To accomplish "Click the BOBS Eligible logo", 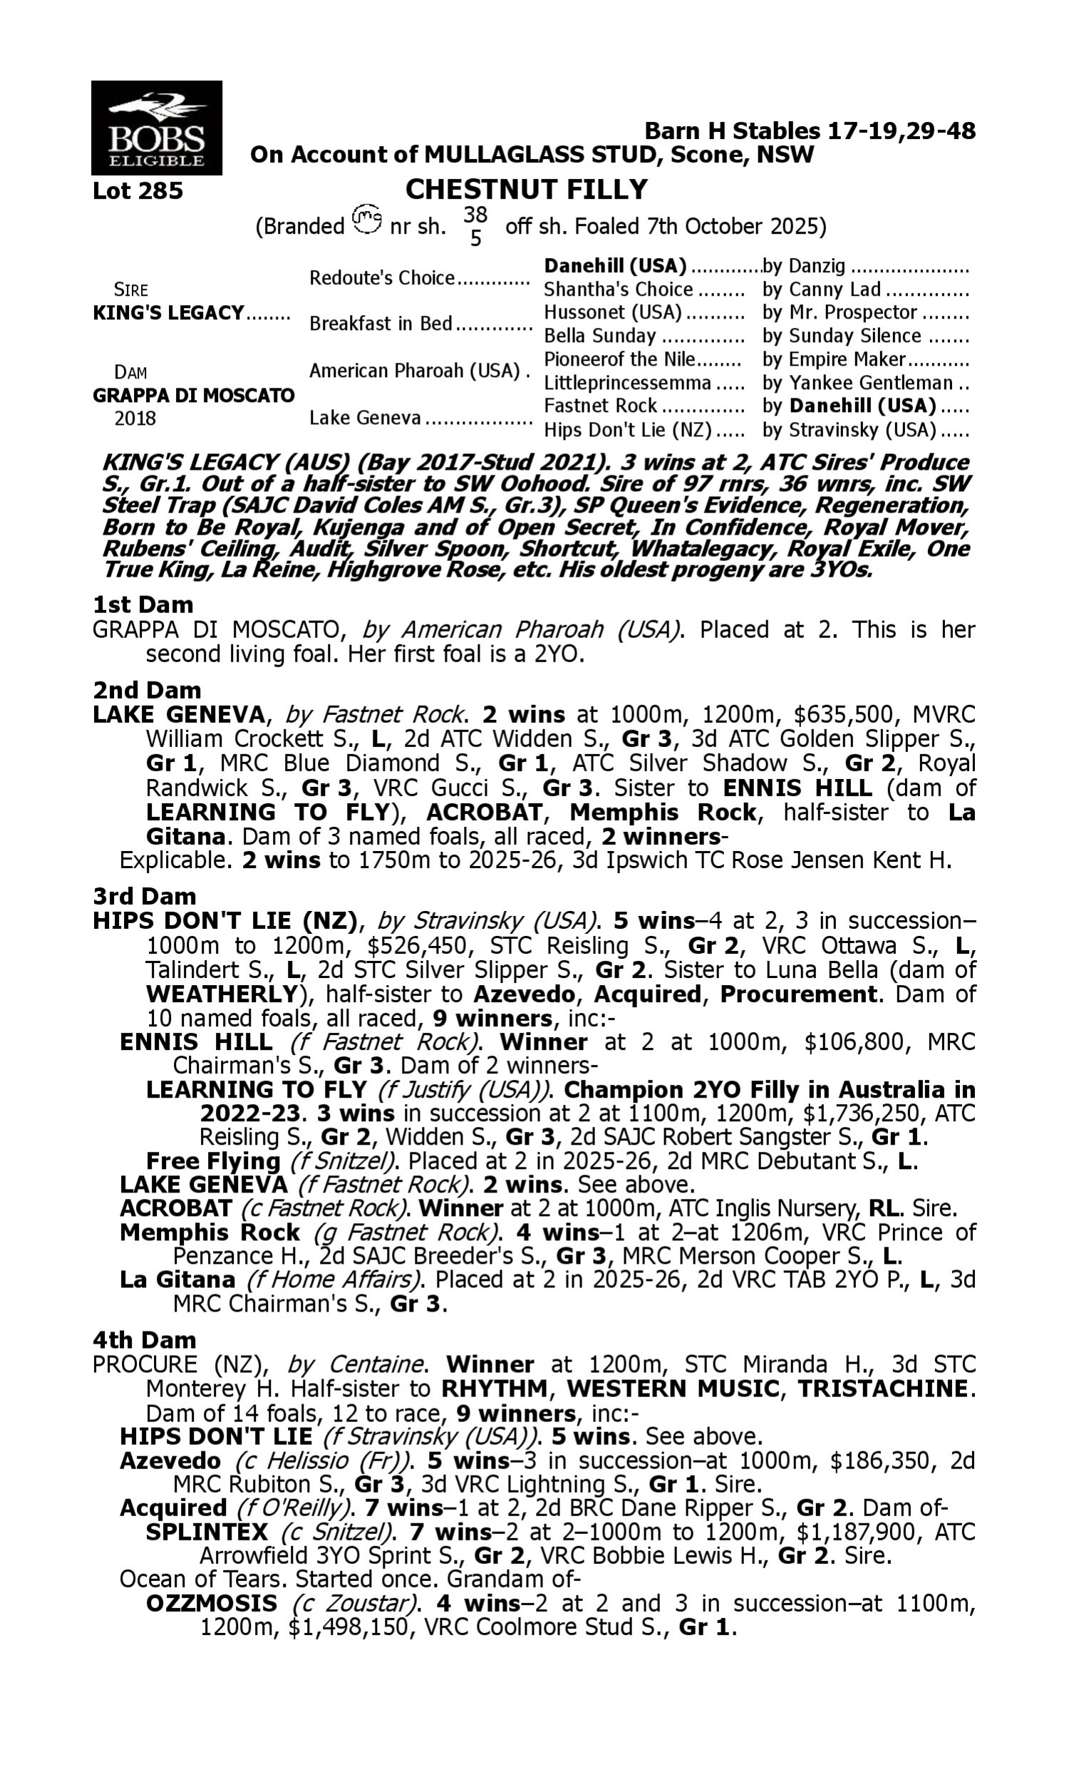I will [x=156, y=128].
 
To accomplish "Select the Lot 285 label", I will [x=138, y=191].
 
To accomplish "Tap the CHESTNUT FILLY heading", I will [x=527, y=190].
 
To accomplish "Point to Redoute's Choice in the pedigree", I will [x=382, y=278].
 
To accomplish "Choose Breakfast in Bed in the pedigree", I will [x=381, y=324].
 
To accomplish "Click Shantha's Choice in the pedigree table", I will [x=618, y=289].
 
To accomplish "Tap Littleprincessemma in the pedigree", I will [x=627, y=383].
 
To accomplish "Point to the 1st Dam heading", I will [x=143, y=604].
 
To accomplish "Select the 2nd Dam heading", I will [x=147, y=690].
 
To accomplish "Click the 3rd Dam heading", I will [x=145, y=896].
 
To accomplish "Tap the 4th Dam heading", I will [x=145, y=1340].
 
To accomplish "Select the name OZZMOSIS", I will [x=212, y=1603].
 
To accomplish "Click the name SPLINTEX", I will [x=207, y=1532].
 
